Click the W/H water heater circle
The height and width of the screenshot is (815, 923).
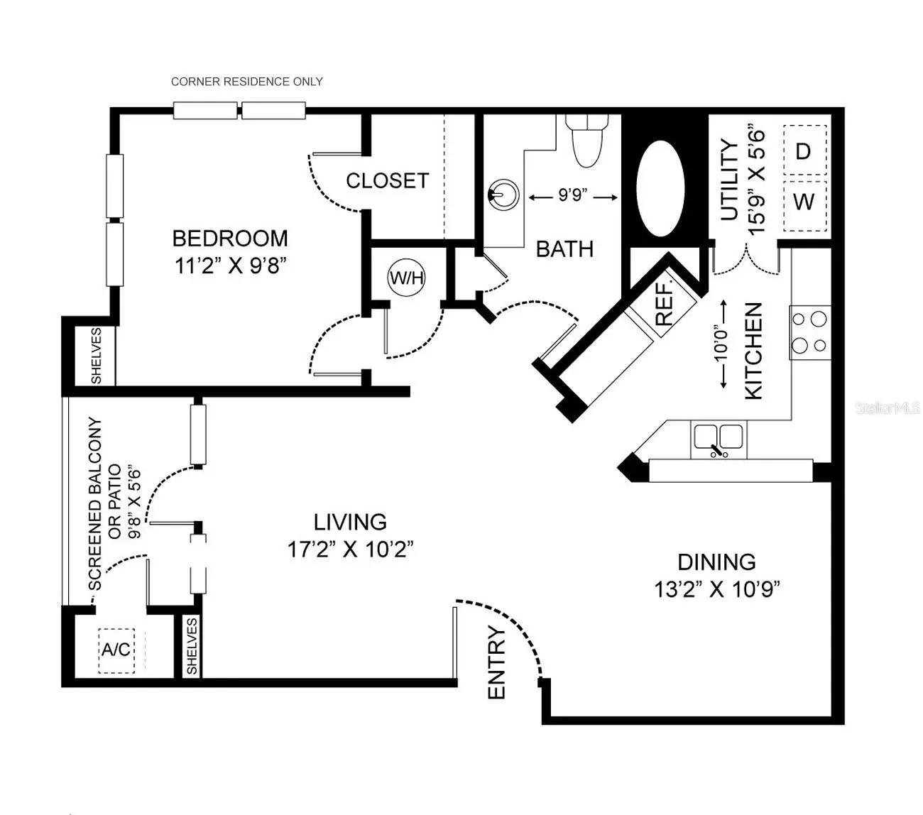pos(406,278)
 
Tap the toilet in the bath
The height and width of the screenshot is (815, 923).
pos(586,141)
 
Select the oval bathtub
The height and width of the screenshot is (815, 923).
pos(660,189)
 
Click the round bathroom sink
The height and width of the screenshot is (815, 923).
pos(503,195)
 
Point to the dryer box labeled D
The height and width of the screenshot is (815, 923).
pos(804,151)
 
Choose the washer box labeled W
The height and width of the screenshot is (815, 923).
pos(804,205)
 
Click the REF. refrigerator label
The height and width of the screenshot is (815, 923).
pos(664,304)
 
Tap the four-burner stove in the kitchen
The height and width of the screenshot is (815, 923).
pos(810,332)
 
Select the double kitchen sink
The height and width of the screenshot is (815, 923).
pos(719,440)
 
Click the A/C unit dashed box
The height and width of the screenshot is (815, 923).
pos(116,650)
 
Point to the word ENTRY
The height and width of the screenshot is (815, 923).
pos(496,662)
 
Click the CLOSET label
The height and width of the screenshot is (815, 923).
pos(387,181)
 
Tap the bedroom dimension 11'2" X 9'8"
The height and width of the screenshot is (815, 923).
pos(231,266)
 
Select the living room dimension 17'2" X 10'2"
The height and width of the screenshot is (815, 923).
pos(350,549)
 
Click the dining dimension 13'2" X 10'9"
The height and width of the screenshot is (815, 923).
pos(717,589)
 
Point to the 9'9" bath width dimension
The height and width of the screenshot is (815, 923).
pos(573,197)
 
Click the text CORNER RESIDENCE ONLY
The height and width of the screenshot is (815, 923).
pos(247,82)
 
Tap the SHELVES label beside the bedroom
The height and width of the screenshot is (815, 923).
pos(96,356)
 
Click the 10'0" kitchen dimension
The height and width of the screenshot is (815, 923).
pos(723,344)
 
